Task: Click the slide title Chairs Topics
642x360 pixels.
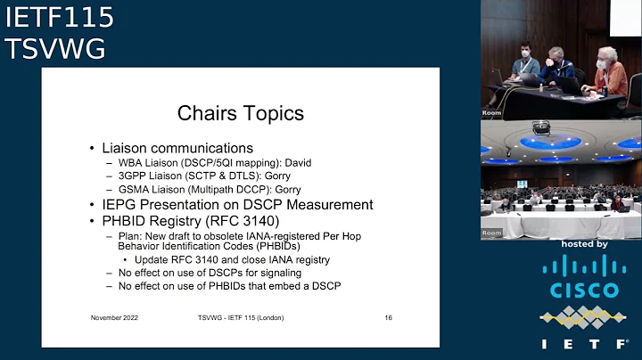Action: click(241, 113)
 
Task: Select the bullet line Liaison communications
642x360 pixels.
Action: click(177, 148)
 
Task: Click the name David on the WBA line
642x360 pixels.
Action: click(301, 163)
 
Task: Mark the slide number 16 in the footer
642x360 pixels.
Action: click(389, 318)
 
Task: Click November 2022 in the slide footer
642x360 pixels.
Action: click(114, 318)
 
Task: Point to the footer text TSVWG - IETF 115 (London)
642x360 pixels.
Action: click(240, 318)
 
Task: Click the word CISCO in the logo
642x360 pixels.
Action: click(583, 290)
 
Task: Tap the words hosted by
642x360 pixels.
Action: click(584, 243)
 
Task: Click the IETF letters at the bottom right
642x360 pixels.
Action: click(583, 344)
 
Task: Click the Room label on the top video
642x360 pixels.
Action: click(492, 113)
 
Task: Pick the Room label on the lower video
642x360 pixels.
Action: click(492, 233)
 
